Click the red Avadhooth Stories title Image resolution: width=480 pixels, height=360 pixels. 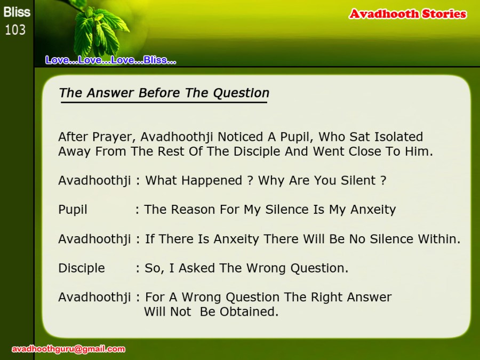tap(408, 14)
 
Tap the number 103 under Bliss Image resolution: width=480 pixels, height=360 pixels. tap(15, 30)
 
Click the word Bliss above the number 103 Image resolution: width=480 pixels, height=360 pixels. tap(17, 12)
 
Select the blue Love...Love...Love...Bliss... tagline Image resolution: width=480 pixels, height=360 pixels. tap(110, 60)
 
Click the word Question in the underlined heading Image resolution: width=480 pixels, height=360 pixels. tap(241, 93)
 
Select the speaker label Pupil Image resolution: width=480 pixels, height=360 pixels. tap(73, 210)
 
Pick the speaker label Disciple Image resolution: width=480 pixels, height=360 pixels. tap(82, 268)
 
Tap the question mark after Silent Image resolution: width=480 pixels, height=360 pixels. tap(383, 181)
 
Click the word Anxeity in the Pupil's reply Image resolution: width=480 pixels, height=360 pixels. tap(373, 210)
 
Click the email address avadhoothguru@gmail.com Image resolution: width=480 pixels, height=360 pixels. tap(68, 349)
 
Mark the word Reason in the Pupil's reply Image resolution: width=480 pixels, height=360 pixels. tap(193, 210)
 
